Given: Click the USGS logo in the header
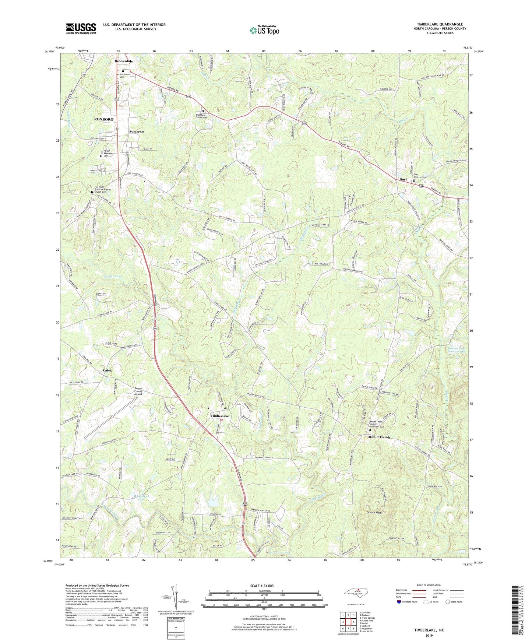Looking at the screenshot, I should pos(81,28).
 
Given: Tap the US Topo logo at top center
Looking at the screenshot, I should pos(264,30).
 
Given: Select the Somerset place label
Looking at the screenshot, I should pos(137,131).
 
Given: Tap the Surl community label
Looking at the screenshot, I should pos(403,179).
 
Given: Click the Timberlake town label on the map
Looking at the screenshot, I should pos(219,416).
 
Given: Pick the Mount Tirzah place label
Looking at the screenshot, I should pos(379,437).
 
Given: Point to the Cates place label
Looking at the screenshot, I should pos(107,370).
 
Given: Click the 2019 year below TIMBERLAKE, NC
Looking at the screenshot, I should pos(429,636).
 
